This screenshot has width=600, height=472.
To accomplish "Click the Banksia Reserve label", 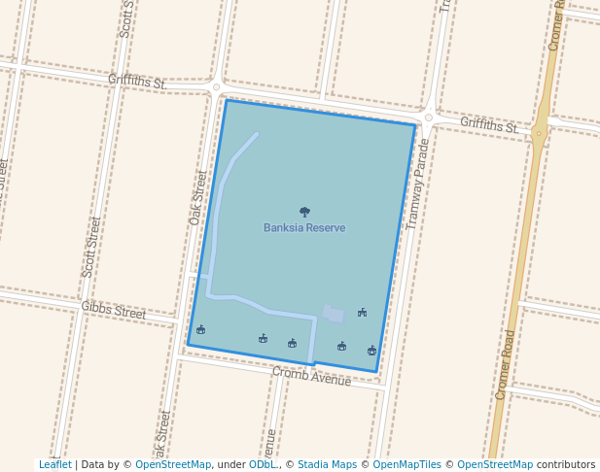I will (x=304, y=228).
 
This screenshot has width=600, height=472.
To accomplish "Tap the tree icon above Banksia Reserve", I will (x=304, y=212).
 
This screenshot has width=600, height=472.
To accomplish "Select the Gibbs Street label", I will (x=114, y=311).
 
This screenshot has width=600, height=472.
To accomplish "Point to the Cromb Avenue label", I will (x=311, y=376).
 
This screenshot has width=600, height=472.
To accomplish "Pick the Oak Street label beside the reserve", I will (x=199, y=198).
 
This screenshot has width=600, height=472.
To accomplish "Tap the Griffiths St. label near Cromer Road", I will (x=489, y=124).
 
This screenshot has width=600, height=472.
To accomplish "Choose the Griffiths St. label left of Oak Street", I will (x=137, y=82).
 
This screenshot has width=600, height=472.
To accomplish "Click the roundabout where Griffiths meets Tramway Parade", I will (x=428, y=118).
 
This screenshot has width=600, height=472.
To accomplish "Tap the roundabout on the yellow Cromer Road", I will (x=539, y=133).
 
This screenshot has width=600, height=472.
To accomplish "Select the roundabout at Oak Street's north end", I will (x=216, y=87).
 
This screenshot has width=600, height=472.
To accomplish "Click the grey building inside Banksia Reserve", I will (x=334, y=314).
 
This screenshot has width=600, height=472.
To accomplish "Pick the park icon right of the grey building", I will (x=362, y=313).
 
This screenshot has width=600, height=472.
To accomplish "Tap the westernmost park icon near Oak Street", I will (x=200, y=330).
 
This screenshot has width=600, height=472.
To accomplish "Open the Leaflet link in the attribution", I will (x=54, y=465).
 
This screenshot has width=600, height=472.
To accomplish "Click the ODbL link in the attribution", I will (x=262, y=465).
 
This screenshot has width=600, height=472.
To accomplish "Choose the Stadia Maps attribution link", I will (x=327, y=465).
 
